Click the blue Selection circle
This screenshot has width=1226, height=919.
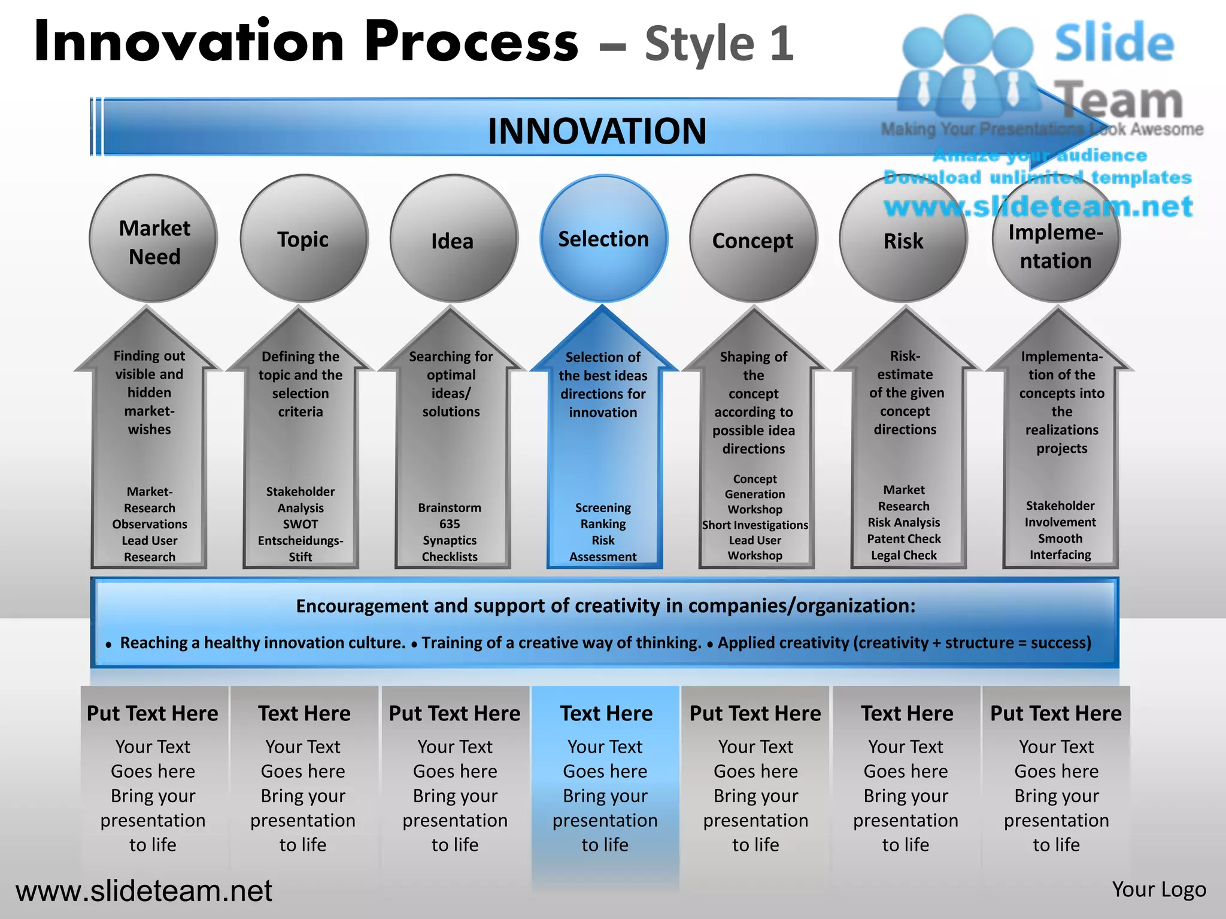(x=603, y=239)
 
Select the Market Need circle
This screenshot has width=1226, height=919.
(x=153, y=239)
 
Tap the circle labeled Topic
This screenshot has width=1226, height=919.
(x=304, y=239)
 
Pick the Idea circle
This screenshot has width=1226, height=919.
(x=453, y=239)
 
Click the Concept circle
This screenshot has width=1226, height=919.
(x=753, y=239)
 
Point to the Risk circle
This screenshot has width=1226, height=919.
(x=903, y=239)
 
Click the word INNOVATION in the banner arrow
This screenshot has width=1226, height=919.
(x=597, y=131)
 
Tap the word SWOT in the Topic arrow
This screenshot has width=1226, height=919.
(x=301, y=524)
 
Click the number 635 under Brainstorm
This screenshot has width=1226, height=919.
(x=450, y=524)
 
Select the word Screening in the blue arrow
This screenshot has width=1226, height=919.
(x=603, y=508)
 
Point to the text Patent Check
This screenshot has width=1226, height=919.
(x=904, y=539)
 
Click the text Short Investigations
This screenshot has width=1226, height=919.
(x=755, y=525)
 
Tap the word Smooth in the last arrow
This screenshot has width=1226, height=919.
(x=1060, y=538)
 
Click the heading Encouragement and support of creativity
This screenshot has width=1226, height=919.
(x=605, y=606)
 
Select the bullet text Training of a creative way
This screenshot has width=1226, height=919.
(x=561, y=643)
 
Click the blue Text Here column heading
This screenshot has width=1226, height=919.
(x=606, y=713)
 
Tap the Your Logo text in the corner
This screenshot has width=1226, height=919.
(x=1158, y=890)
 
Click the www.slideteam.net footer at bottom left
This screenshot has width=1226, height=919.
(x=144, y=891)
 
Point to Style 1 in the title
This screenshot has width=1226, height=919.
(x=719, y=44)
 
